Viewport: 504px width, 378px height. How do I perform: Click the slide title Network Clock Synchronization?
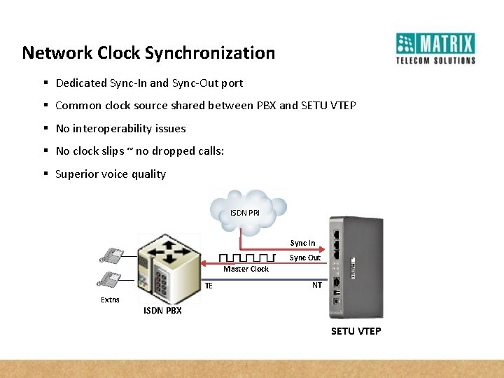point(148,53)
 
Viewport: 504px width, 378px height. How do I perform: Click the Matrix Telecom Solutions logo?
point(435,48)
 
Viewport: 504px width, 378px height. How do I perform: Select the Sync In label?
point(302,243)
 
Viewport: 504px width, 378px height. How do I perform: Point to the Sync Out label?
point(304,258)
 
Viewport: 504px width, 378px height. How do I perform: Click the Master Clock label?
point(246,269)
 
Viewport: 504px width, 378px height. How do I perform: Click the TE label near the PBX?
point(209,286)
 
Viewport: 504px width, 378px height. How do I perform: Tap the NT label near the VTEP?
point(317,285)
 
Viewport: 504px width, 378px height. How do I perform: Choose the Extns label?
point(110,300)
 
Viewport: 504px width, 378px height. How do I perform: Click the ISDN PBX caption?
point(162,311)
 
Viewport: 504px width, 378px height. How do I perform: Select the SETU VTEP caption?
point(356,331)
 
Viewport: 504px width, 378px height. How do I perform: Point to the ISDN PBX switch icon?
point(167,266)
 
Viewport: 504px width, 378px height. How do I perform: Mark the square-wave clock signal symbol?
point(246,258)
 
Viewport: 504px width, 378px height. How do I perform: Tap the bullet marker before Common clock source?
point(45,106)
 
